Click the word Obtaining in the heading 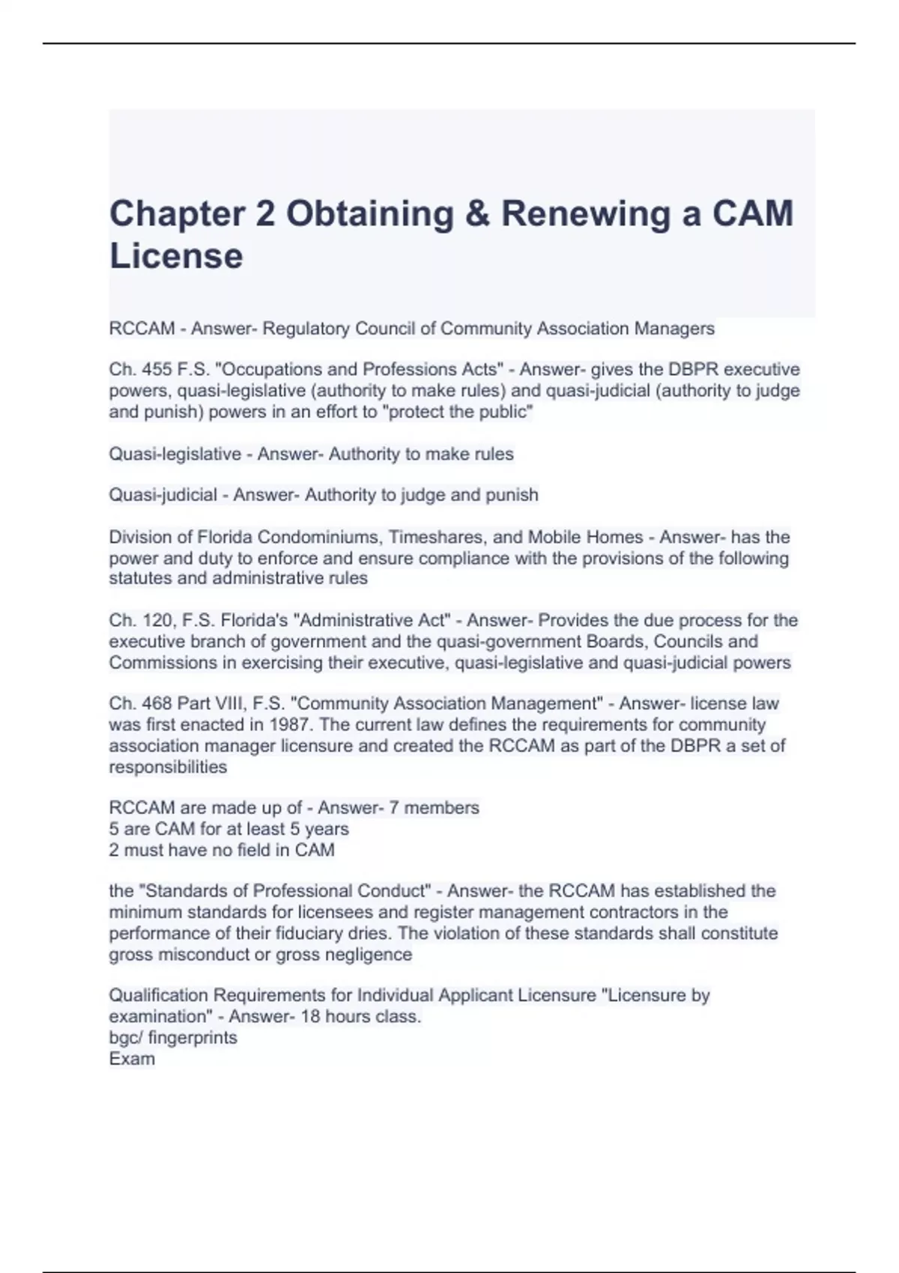[x=370, y=213]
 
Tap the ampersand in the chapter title [x=477, y=213]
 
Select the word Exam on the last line [x=132, y=1059]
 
